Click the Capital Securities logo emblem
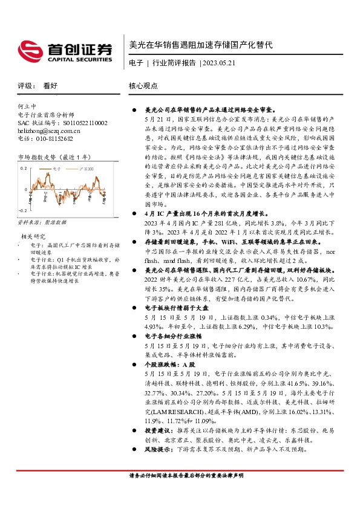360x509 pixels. [x=28, y=48]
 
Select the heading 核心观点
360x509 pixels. [x=143, y=86]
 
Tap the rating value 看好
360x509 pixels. [x=51, y=86]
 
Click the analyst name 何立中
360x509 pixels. [x=28, y=105]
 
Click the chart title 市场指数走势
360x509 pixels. [x=36, y=157]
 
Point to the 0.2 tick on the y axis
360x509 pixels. [x=24, y=168]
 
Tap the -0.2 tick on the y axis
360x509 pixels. [x=22, y=210]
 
